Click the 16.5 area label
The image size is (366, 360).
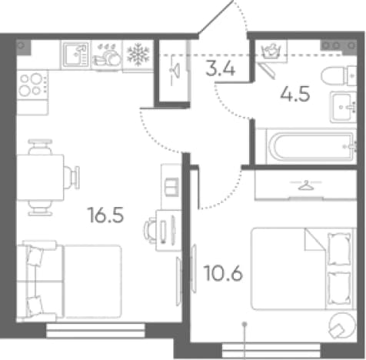[105, 215]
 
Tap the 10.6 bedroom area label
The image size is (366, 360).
[223, 273]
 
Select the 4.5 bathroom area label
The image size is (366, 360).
[295, 94]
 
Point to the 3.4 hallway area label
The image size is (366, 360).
[221, 68]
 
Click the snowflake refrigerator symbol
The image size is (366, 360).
[138, 55]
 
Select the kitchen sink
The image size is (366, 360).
[76, 55]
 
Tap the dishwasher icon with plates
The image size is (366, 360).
[107, 55]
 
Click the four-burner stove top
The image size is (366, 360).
[32, 84]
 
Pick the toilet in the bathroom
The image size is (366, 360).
[339, 75]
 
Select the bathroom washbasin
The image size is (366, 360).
[343, 107]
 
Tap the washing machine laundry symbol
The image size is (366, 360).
[271, 51]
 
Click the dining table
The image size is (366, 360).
[40, 178]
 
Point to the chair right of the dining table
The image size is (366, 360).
[72, 177]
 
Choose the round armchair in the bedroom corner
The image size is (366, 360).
[342, 325]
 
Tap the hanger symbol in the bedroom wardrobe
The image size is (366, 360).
[306, 185]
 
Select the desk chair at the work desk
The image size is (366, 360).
[151, 230]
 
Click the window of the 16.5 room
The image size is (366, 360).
[95, 330]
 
